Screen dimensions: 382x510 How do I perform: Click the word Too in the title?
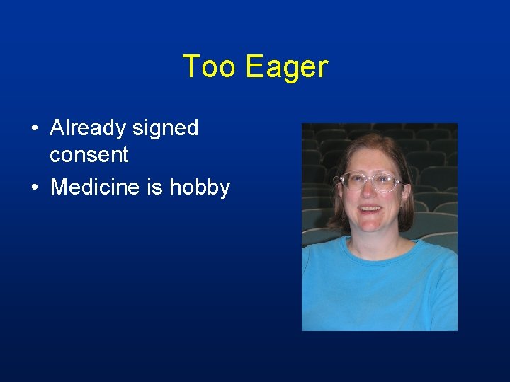pyautogui.click(x=210, y=66)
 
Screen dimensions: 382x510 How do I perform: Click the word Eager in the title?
pyautogui.click(x=287, y=68)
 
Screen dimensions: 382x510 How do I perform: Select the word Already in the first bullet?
pyautogui.click(x=88, y=129)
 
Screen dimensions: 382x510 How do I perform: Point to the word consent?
pyautogui.click(x=89, y=155)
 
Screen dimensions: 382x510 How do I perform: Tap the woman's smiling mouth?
pyautogui.click(x=370, y=210)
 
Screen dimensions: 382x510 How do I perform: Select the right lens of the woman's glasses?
pyautogui.click(x=385, y=183)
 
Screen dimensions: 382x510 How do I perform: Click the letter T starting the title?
pyautogui.click(x=191, y=66)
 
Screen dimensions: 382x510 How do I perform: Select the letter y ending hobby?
pyautogui.click(x=225, y=190)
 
